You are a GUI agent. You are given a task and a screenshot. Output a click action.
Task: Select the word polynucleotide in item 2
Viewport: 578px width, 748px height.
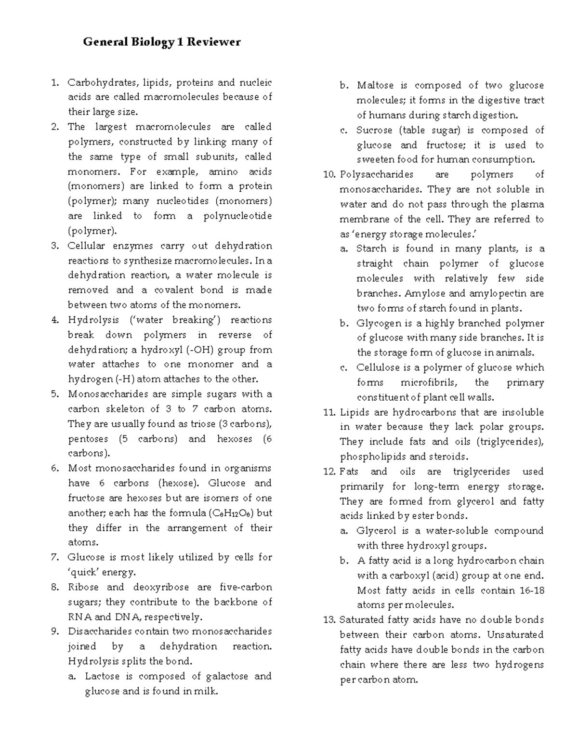click(237, 216)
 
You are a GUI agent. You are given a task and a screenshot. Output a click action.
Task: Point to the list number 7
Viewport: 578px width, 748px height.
click(54, 557)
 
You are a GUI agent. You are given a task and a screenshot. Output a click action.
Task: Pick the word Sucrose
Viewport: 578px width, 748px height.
click(374, 130)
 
